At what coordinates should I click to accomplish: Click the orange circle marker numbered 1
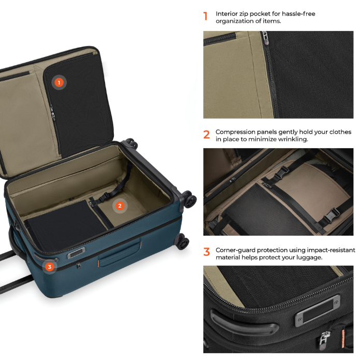(x=59, y=82)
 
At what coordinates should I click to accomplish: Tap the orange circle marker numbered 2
(x=120, y=206)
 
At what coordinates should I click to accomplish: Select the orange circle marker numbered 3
(x=49, y=267)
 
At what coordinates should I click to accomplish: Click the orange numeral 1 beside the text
(x=205, y=17)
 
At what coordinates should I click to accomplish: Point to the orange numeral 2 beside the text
(x=206, y=135)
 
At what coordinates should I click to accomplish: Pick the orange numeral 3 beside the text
(x=206, y=252)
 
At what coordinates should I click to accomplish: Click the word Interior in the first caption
(x=226, y=13)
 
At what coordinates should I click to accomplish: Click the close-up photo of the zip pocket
(x=278, y=75)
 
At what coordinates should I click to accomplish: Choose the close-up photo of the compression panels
(x=278, y=192)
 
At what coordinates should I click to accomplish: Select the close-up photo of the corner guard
(x=278, y=309)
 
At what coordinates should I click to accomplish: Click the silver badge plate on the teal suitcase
(x=76, y=253)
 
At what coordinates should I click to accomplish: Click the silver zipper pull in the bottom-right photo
(x=323, y=339)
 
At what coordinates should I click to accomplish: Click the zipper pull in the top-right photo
(x=265, y=37)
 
